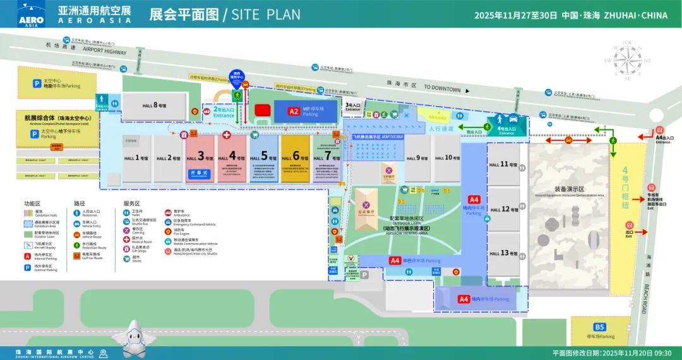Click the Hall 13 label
(x=503, y=253)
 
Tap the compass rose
(x=628, y=61)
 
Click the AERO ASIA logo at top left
(x=32, y=15)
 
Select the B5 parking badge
(x=599, y=327)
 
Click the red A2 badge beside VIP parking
(x=293, y=111)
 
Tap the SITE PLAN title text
(x=266, y=15)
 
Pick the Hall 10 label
(x=448, y=158)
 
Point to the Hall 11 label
(x=503, y=164)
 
